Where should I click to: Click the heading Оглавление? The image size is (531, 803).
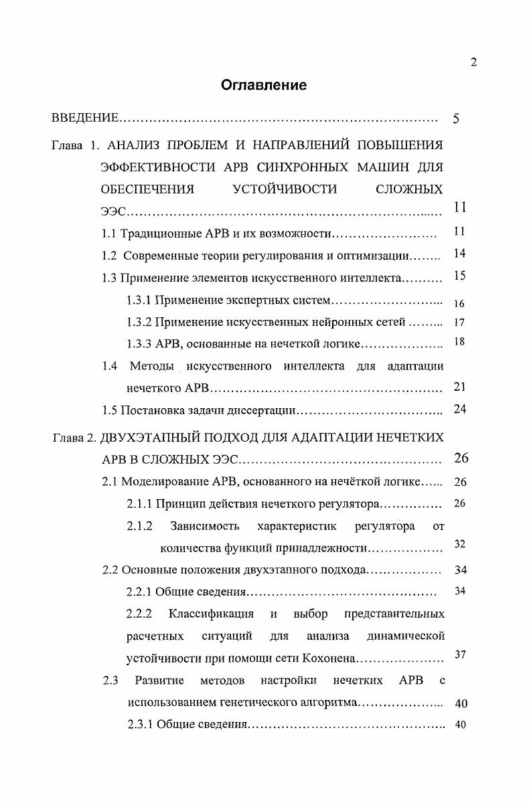tap(264, 85)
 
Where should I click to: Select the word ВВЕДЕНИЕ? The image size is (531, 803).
tap(85, 118)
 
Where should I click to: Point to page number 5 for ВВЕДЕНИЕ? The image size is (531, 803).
tap(456, 119)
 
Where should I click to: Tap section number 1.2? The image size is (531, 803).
tap(110, 255)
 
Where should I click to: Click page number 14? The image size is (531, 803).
tap(459, 254)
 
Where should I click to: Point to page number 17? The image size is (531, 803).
tap(459, 322)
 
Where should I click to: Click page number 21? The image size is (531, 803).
tap(459, 387)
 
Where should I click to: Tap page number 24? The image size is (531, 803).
tap(459, 409)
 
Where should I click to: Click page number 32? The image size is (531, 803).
tap(459, 545)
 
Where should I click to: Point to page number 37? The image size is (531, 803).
tap(459, 654)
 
